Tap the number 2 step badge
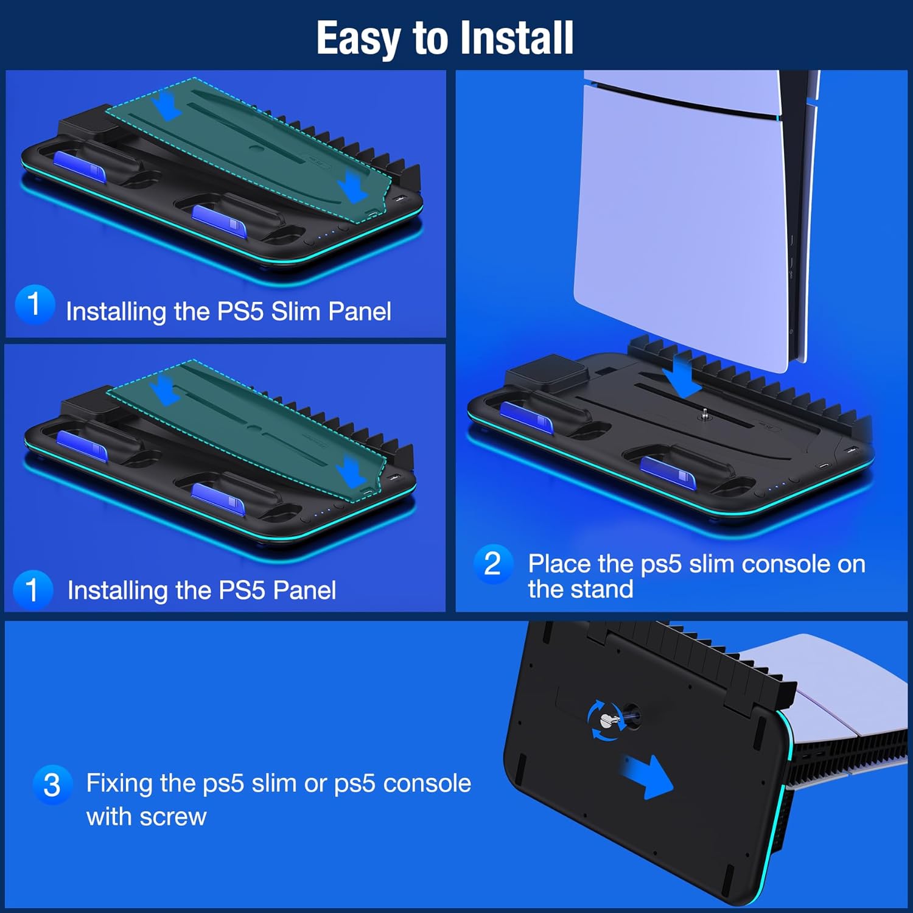(492, 564)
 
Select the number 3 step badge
(52, 785)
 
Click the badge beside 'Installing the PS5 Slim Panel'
(34, 303)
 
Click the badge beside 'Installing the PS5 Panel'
(32, 589)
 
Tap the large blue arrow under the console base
(648, 775)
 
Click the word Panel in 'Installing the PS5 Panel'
(304, 590)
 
